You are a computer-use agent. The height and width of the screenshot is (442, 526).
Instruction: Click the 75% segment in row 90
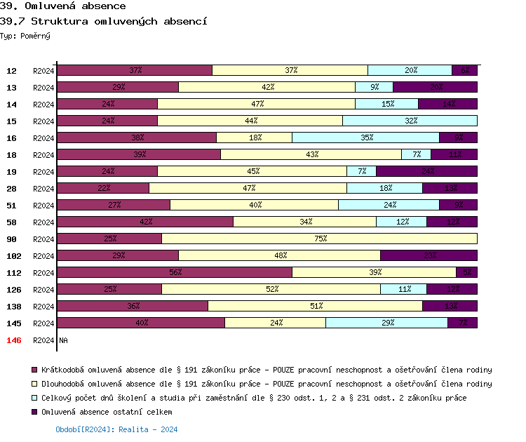[320, 239]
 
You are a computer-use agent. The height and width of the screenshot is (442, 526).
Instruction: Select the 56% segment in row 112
[175, 272]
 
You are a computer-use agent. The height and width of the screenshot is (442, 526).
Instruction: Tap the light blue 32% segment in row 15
[410, 121]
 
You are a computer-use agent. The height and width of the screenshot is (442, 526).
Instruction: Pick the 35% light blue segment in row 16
[365, 138]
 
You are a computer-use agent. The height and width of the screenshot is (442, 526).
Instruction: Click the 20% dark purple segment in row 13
[435, 87]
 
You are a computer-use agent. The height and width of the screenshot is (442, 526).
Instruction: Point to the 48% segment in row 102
[279, 255]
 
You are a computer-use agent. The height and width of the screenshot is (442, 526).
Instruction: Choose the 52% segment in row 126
[271, 289]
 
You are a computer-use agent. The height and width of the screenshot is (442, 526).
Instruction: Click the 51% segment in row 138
[315, 306]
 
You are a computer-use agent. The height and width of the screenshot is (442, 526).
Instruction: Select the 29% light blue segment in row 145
[386, 323]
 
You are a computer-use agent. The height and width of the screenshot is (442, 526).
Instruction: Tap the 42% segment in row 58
[145, 222]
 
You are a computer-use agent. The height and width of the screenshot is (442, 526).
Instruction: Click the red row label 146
[13, 340]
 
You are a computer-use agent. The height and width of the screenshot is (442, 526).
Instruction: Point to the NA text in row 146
[63, 340]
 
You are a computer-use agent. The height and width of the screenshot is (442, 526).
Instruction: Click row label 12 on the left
[11, 71]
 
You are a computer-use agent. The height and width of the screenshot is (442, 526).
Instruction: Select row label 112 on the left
[13, 273]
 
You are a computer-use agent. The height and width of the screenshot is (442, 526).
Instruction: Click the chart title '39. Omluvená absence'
[63, 6]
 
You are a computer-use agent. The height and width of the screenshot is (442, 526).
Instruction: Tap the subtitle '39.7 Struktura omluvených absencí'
[103, 22]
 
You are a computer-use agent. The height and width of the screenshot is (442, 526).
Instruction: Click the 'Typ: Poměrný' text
[25, 35]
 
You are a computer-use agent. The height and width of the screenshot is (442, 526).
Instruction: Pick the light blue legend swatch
[34, 398]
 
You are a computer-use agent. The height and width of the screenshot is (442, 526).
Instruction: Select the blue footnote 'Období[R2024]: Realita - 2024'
[116, 429]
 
